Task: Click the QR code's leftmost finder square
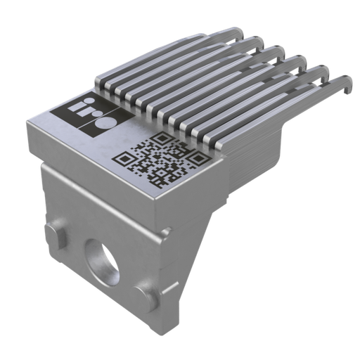coord(124,158)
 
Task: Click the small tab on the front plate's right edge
coord(166,233)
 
